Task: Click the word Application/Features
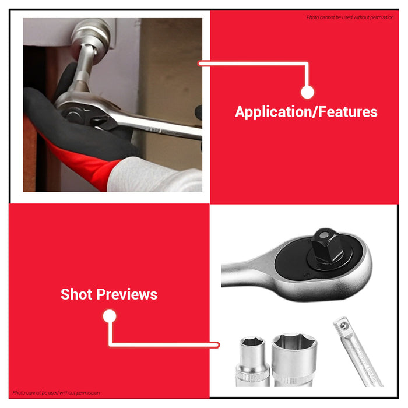pyautogui.click(x=306, y=112)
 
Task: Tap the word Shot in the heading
pyautogui.click(x=76, y=294)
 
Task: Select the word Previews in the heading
pyautogui.click(x=127, y=294)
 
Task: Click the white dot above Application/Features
pyautogui.click(x=307, y=92)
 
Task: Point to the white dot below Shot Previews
pyautogui.click(x=110, y=316)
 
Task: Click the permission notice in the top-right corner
pyautogui.click(x=350, y=17)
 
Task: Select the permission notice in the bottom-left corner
pyautogui.click(x=56, y=393)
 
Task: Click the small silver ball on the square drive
pyautogui.click(x=323, y=235)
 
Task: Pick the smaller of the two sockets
pyautogui.click(x=252, y=362)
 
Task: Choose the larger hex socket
pyautogui.click(x=294, y=360)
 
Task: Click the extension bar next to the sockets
pyautogui.click(x=357, y=352)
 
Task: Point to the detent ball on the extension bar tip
pyautogui.click(x=344, y=325)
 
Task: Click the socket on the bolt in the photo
pyautogui.click(x=91, y=36)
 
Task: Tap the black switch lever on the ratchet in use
pyautogui.click(x=100, y=122)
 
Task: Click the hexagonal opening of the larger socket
pyautogui.click(x=294, y=341)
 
